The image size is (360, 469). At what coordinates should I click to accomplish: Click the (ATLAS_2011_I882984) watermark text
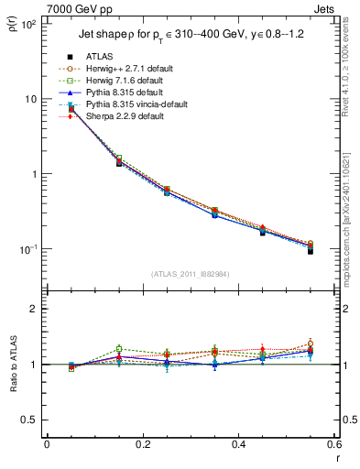pos(191,273)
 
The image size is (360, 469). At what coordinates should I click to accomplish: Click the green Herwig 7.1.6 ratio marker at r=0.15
pos(119,348)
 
